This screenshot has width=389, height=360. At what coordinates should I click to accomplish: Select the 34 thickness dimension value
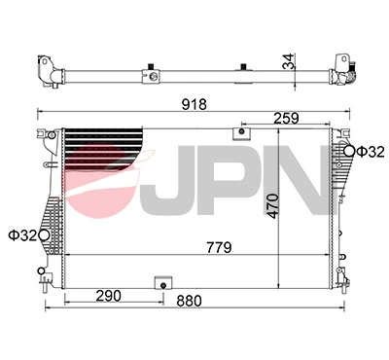point(288,61)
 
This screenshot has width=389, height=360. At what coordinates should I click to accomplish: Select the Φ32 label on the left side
point(22,235)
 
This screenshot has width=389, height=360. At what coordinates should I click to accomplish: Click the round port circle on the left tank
point(44,234)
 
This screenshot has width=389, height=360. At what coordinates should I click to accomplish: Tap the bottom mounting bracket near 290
point(161,283)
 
